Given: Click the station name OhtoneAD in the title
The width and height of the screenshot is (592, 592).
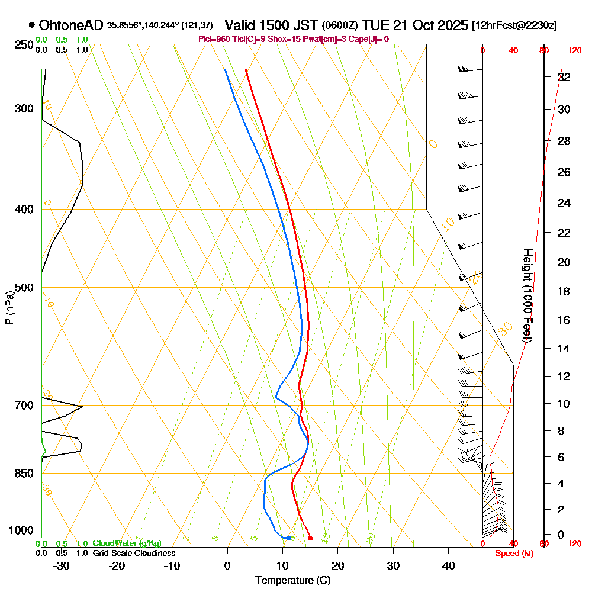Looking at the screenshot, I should [71, 25].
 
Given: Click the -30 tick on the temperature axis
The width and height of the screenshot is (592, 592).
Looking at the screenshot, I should [62, 565].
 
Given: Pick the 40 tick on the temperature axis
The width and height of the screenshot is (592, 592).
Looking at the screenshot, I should [448, 565].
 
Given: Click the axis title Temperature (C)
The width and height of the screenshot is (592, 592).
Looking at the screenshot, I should [292, 580].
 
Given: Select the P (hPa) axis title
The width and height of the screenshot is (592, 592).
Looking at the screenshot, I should [9, 307].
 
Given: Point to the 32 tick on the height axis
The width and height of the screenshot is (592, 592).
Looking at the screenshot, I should [564, 77].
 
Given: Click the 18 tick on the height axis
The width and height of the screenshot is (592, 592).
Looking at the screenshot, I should [564, 291].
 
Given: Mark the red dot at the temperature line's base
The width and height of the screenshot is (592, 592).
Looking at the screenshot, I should [310, 538].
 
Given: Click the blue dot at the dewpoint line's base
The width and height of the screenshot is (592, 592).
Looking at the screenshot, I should [288, 538].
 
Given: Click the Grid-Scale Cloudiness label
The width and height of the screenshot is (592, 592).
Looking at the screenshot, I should [134, 553].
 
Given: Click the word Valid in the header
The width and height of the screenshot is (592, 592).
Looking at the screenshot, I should [241, 25].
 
